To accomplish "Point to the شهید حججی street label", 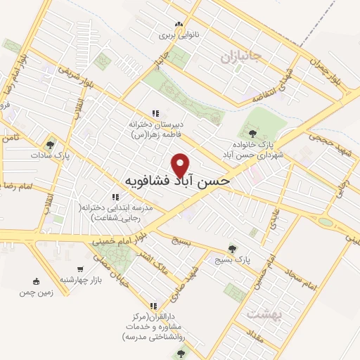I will [x=323, y=141].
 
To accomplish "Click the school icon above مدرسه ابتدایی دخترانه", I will [x=114, y=198].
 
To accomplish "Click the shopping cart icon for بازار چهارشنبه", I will [x=82, y=270].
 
